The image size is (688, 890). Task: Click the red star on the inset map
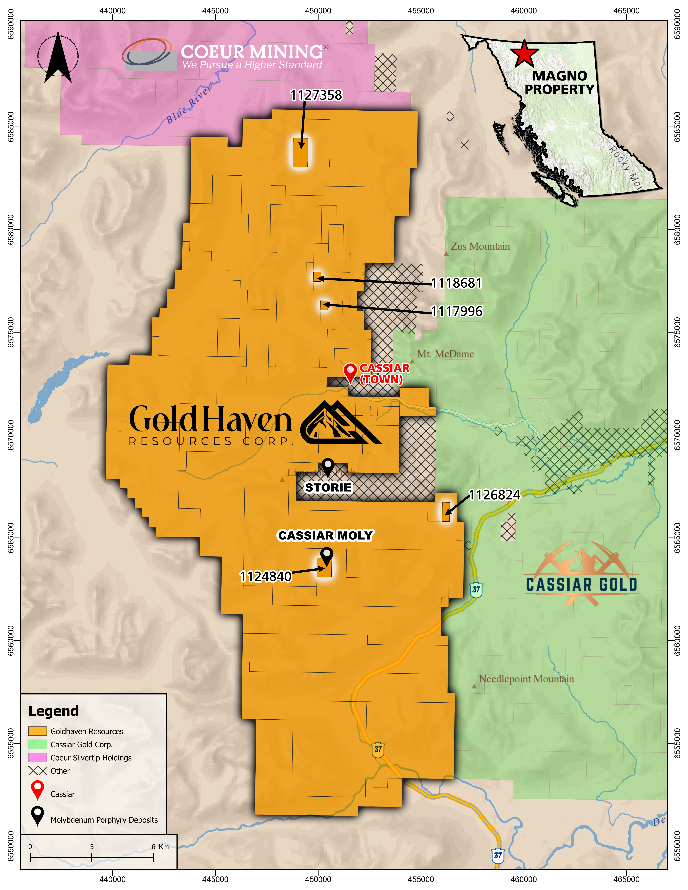click(x=524, y=54)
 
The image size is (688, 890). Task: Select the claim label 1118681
click(x=457, y=283)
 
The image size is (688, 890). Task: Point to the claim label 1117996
click(x=457, y=311)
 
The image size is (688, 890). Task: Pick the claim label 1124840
click(x=266, y=577)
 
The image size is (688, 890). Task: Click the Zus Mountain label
click(x=480, y=247)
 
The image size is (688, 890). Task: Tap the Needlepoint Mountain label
click(x=526, y=679)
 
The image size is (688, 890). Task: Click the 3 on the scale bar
click(x=92, y=846)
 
